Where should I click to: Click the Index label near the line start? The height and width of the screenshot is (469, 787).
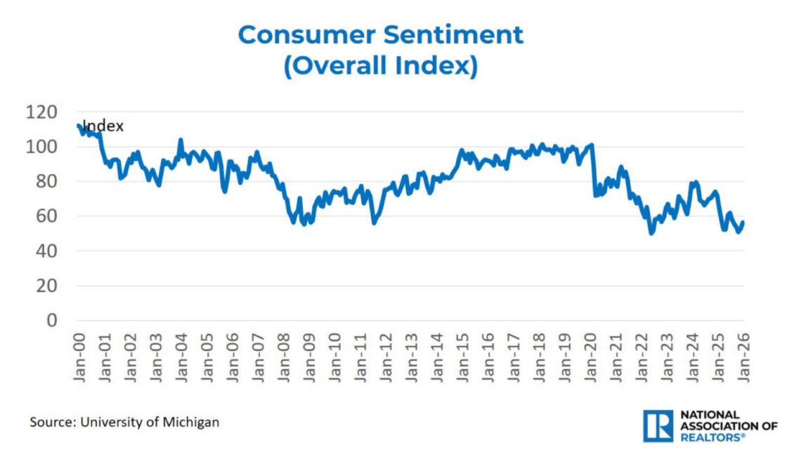103,126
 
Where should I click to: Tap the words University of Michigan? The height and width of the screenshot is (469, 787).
150,422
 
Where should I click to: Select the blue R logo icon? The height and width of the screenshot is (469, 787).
658,426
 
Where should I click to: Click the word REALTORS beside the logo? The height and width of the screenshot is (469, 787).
710,437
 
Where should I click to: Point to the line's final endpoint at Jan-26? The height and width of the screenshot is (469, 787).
743,223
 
